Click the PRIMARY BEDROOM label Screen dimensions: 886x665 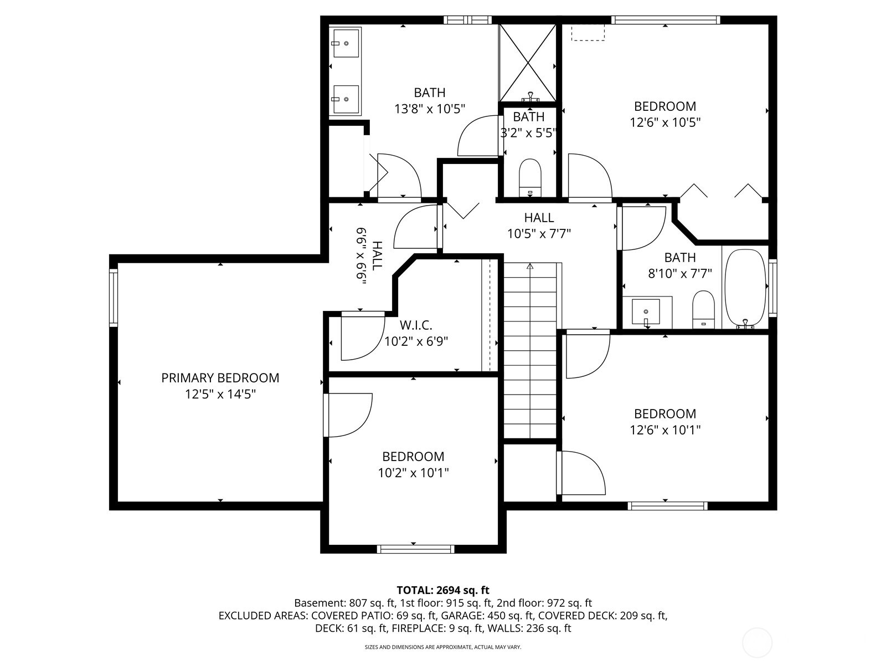pyautogui.click(x=220, y=378)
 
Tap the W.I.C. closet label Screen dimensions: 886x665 pyautogui.click(x=416, y=325)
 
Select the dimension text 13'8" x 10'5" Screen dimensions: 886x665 pyautogui.click(x=430, y=109)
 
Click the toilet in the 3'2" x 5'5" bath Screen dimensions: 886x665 pyautogui.click(x=529, y=177)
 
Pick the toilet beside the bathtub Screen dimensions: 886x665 pyautogui.click(x=703, y=309)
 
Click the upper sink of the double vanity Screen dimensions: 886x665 pyautogui.click(x=346, y=43)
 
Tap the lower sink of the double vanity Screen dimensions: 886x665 pyautogui.click(x=346, y=99)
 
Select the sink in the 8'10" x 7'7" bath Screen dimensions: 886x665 pyautogui.click(x=646, y=311)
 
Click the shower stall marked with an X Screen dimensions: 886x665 pyautogui.click(x=528, y=63)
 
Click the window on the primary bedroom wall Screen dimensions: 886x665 pyautogui.click(x=114, y=298)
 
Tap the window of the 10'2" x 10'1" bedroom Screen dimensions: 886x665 pyautogui.click(x=415, y=549)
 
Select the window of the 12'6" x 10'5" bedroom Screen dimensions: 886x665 pyautogui.click(x=666, y=20)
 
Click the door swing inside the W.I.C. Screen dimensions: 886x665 pyautogui.click(x=363, y=336)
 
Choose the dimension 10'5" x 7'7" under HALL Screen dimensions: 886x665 pyautogui.click(x=539, y=234)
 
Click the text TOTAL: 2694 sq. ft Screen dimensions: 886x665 pyautogui.click(x=443, y=590)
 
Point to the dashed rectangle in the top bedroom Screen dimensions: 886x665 pyautogui.click(x=588, y=32)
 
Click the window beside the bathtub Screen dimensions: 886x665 pyautogui.click(x=772, y=288)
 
